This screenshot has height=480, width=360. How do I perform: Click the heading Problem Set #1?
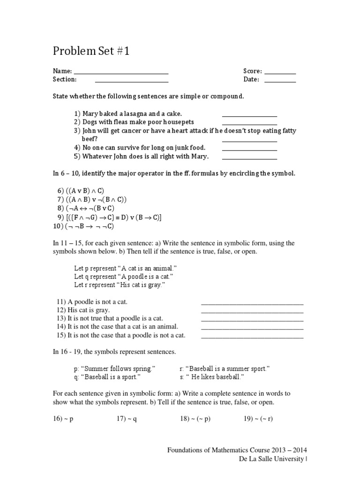90,51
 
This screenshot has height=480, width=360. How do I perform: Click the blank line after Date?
280,81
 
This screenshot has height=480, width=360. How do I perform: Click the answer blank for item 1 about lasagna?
249,115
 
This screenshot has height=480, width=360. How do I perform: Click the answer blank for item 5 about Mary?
249,158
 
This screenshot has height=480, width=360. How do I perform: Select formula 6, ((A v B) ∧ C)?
80,191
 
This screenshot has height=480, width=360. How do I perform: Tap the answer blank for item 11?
252,303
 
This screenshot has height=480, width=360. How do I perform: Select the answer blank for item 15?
252,337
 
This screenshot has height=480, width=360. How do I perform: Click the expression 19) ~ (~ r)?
258,419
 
